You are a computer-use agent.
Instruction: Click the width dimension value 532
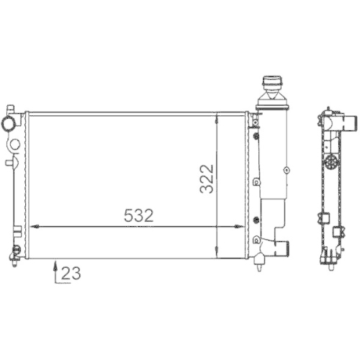pyautogui.click(x=138, y=215)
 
